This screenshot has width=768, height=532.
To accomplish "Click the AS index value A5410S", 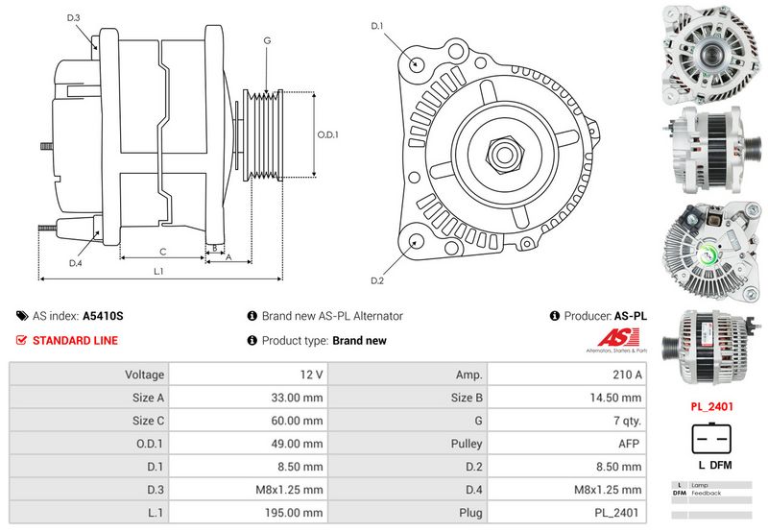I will [103, 315].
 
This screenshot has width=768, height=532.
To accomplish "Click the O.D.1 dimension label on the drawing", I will [328, 134].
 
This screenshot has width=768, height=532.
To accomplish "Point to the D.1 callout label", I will [377, 25].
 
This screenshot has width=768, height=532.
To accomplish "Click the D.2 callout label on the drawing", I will [377, 280].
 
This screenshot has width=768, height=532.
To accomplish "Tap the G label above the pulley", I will [266, 40].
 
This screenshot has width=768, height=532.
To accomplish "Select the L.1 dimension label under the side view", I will [159, 271].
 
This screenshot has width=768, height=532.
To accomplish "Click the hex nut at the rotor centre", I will [503, 152].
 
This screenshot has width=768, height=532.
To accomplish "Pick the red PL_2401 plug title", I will [712, 406].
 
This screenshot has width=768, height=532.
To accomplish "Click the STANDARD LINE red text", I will [75, 340].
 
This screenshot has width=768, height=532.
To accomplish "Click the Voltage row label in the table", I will [145, 374].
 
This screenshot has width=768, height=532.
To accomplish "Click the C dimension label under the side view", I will [163, 252].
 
